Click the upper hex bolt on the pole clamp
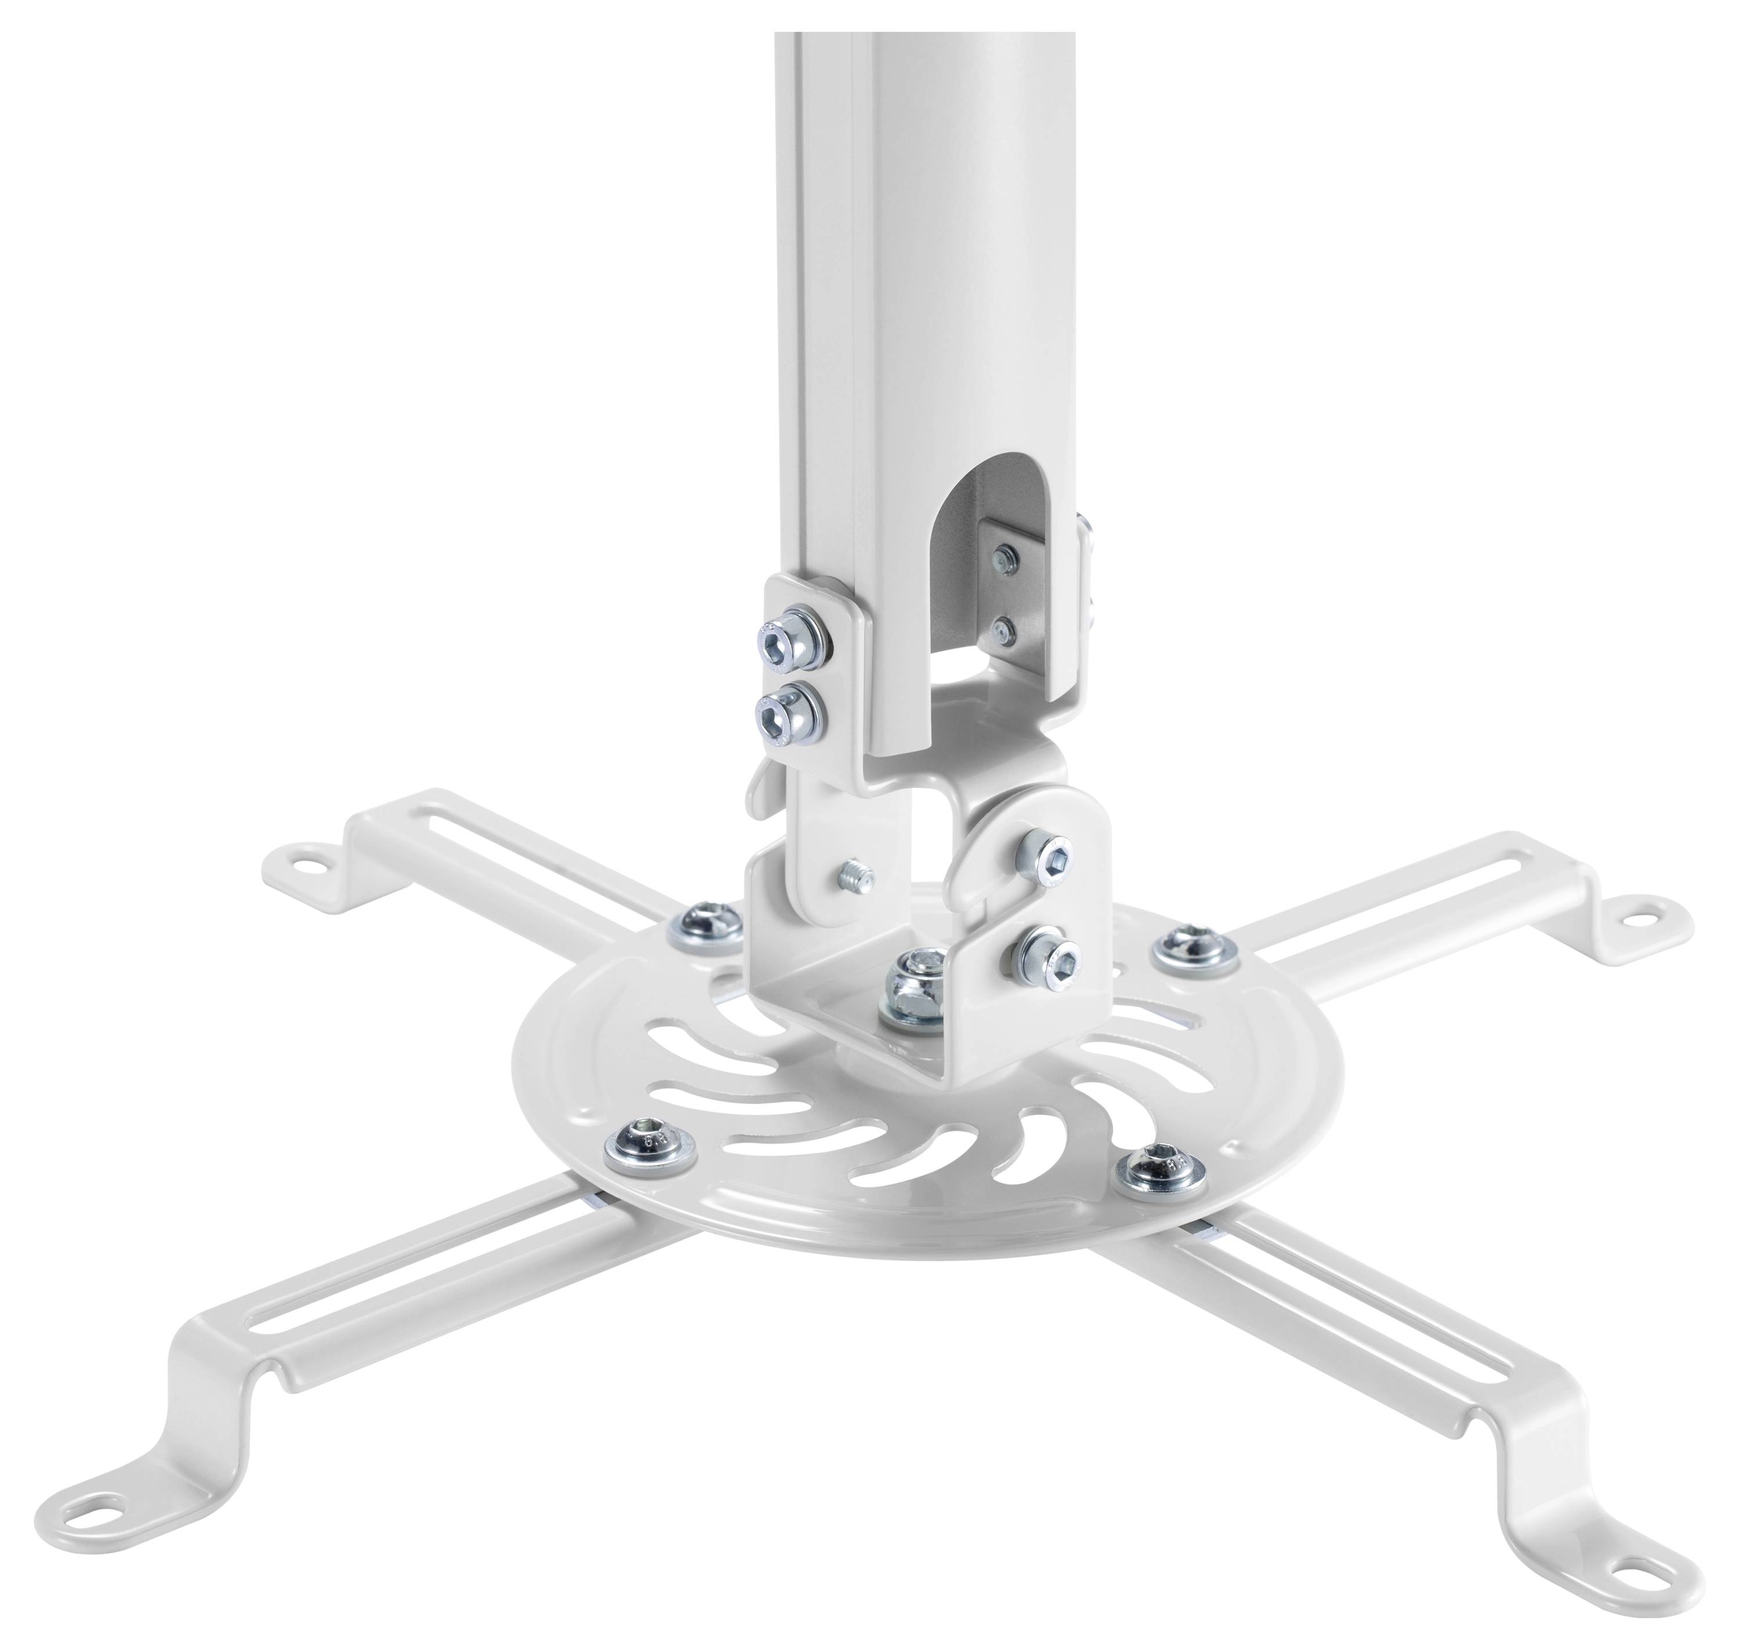[785, 640]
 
